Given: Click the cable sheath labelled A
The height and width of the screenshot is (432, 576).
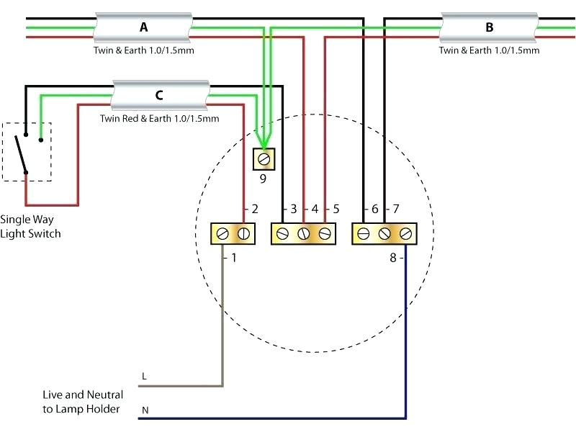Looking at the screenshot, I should (x=144, y=28).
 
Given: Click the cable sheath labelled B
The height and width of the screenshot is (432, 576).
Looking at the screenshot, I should (x=490, y=28).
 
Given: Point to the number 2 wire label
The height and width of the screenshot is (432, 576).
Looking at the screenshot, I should (x=254, y=210).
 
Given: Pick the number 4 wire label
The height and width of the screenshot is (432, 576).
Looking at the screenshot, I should (x=315, y=210).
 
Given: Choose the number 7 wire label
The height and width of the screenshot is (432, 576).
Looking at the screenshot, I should (x=395, y=210).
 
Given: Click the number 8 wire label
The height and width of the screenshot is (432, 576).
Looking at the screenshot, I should (x=392, y=257).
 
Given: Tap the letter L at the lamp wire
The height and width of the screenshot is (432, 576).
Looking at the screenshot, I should (x=144, y=377).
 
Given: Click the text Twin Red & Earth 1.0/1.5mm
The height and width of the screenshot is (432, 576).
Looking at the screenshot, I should (x=159, y=119).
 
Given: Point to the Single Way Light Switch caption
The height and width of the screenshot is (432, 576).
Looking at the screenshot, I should (x=30, y=226).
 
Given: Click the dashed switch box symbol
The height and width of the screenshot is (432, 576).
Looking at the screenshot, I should (x=27, y=151).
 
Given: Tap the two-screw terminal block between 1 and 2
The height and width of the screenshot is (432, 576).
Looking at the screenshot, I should (x=233, y=233).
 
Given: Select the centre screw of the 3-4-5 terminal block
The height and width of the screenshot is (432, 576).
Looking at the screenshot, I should (x=304, y=233).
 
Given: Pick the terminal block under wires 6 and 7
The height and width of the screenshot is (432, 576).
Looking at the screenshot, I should (x=384, y=233).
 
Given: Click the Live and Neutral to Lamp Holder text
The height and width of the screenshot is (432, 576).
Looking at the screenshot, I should (x=81, y=402).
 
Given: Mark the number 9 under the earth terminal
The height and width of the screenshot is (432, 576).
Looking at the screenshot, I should (x=263, y=179).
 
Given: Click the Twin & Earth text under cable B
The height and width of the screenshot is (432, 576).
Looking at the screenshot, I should (x=490, y=51).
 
